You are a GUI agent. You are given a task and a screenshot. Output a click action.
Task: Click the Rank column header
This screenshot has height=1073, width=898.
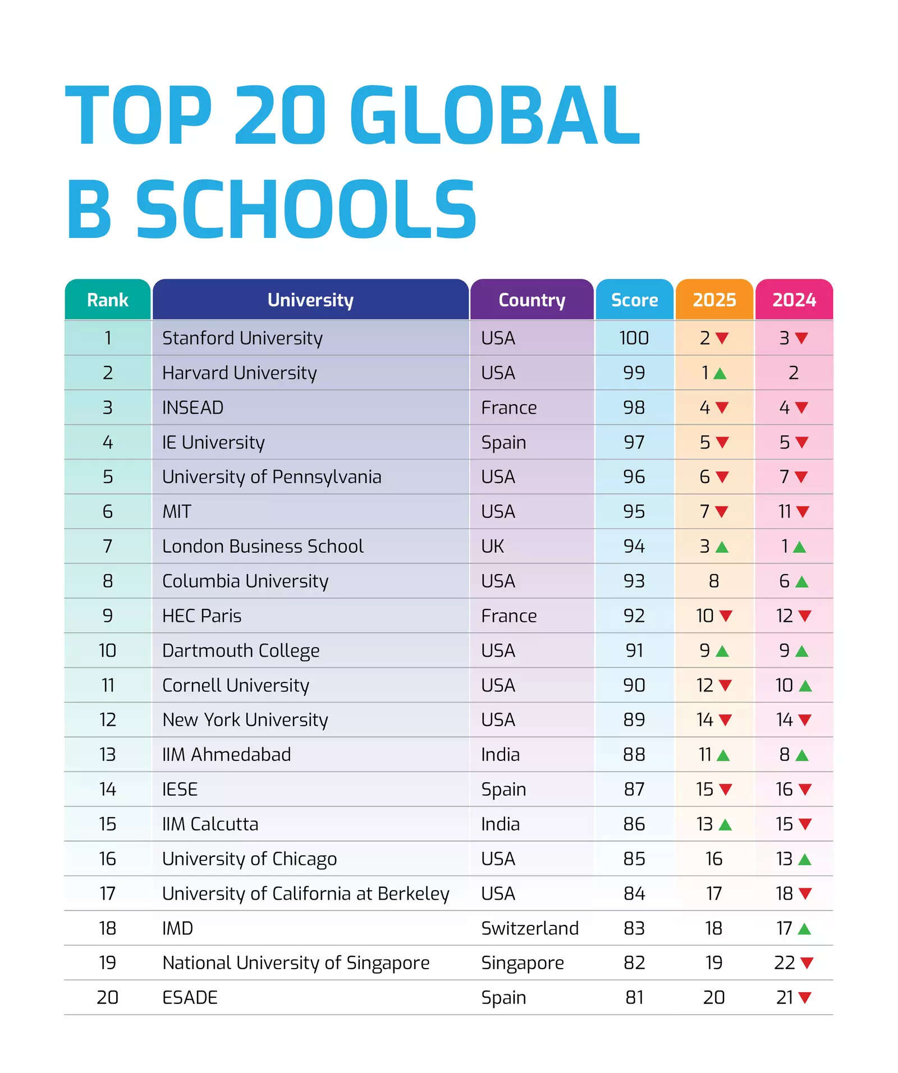click(x=107, y=300)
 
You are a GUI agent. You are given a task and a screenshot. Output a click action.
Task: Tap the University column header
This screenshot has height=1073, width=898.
click(x=310, y=300)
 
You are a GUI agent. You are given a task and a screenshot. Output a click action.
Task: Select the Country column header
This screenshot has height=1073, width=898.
click(x=532, y=300)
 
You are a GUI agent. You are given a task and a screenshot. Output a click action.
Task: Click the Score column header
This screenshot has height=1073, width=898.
click(x=634, y=300)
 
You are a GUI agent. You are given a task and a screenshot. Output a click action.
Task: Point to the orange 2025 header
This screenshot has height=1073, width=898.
click(x=714, y=300)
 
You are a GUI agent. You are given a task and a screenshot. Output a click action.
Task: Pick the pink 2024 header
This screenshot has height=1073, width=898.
click(x=794, y=300)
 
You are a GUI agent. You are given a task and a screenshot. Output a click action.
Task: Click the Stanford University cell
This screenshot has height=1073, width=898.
click(x=242, y=338)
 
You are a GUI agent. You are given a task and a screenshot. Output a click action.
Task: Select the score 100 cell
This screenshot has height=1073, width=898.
click(x=634, y=338)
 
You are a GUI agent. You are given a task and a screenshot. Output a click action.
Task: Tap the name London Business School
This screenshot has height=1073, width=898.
click(x=263, y=546)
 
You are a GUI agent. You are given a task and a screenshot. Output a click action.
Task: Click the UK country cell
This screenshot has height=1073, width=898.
click(x=492, y=546)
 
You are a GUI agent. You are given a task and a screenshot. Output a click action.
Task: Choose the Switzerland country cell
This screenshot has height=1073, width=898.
click(x=529, y=928)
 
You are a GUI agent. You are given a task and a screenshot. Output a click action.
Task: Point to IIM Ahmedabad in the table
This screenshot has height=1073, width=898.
click(x=226, y=754)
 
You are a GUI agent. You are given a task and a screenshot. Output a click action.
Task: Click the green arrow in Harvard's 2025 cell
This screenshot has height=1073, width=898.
click(x=720, y=374)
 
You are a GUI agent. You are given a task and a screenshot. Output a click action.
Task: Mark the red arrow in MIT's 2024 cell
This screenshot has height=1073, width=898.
click(x=803, y=512)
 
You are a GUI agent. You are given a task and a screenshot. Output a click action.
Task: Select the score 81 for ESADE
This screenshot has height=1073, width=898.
click(x=634, y=997)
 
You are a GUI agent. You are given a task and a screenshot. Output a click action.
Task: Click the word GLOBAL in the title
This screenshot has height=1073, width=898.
click(x=494, y=115)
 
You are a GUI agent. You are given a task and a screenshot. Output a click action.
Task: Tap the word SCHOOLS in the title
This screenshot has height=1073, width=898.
click(x=306, y=209)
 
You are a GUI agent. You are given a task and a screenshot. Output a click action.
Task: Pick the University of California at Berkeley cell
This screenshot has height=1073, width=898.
click(x=305, y=893)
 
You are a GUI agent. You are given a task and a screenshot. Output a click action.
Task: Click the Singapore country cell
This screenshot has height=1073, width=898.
click(x=522, y=963)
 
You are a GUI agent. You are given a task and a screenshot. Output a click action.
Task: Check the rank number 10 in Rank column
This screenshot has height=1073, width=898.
click(x=107, y=650)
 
